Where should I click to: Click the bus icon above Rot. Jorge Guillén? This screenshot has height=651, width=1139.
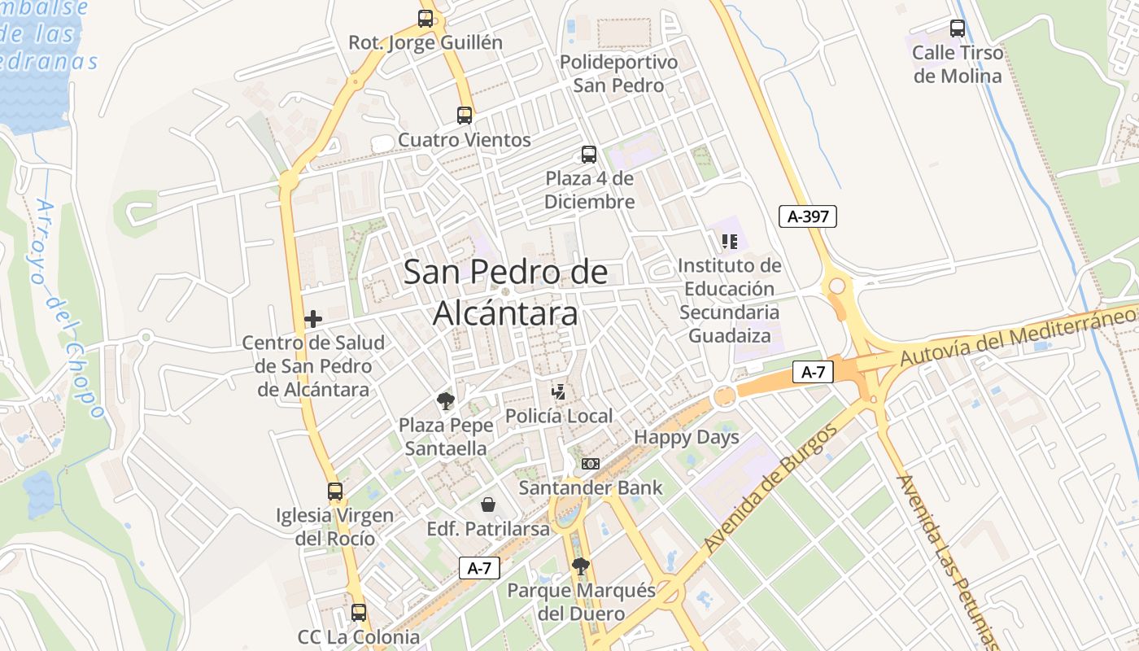click(425, 18)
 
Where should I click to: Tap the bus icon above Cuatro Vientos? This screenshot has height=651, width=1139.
click(465, 116)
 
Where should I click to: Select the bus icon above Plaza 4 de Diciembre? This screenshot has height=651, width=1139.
click(589, 154)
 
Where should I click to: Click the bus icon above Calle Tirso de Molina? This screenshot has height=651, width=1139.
click(958, 28)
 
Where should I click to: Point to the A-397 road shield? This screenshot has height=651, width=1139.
click(807, 216)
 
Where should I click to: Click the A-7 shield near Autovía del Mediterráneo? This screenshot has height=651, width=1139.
click(814, 373)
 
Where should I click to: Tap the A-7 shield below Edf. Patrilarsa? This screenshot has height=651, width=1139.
click(479, 568)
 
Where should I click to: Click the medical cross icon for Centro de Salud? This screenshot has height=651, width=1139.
click(313, 319)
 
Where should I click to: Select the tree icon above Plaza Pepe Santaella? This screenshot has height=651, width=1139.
click(445, 400)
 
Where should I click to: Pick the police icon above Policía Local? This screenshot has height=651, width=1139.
click(558, 391)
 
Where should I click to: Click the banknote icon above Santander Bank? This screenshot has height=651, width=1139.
click(591, 464)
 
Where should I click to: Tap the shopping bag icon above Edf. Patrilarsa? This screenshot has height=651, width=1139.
click(488, 505)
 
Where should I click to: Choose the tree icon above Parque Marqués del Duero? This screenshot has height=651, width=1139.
click(580, 566)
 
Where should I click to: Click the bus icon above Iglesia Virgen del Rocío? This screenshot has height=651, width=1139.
click(335, 491)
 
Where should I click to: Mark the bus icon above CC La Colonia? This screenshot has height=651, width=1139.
click(359, 613)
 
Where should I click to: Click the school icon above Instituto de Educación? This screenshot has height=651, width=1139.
click(730, 241)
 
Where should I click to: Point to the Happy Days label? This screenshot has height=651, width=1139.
click(687, 437)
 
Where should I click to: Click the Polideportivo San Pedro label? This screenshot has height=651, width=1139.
click(618, 74)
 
